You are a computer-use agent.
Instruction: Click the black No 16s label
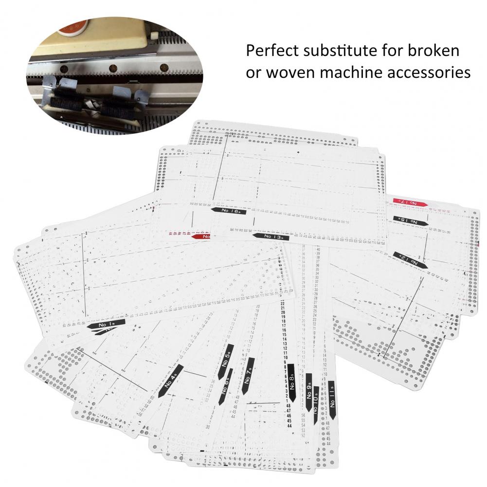pos(229,212)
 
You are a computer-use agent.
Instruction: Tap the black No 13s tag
pos(271,236)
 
